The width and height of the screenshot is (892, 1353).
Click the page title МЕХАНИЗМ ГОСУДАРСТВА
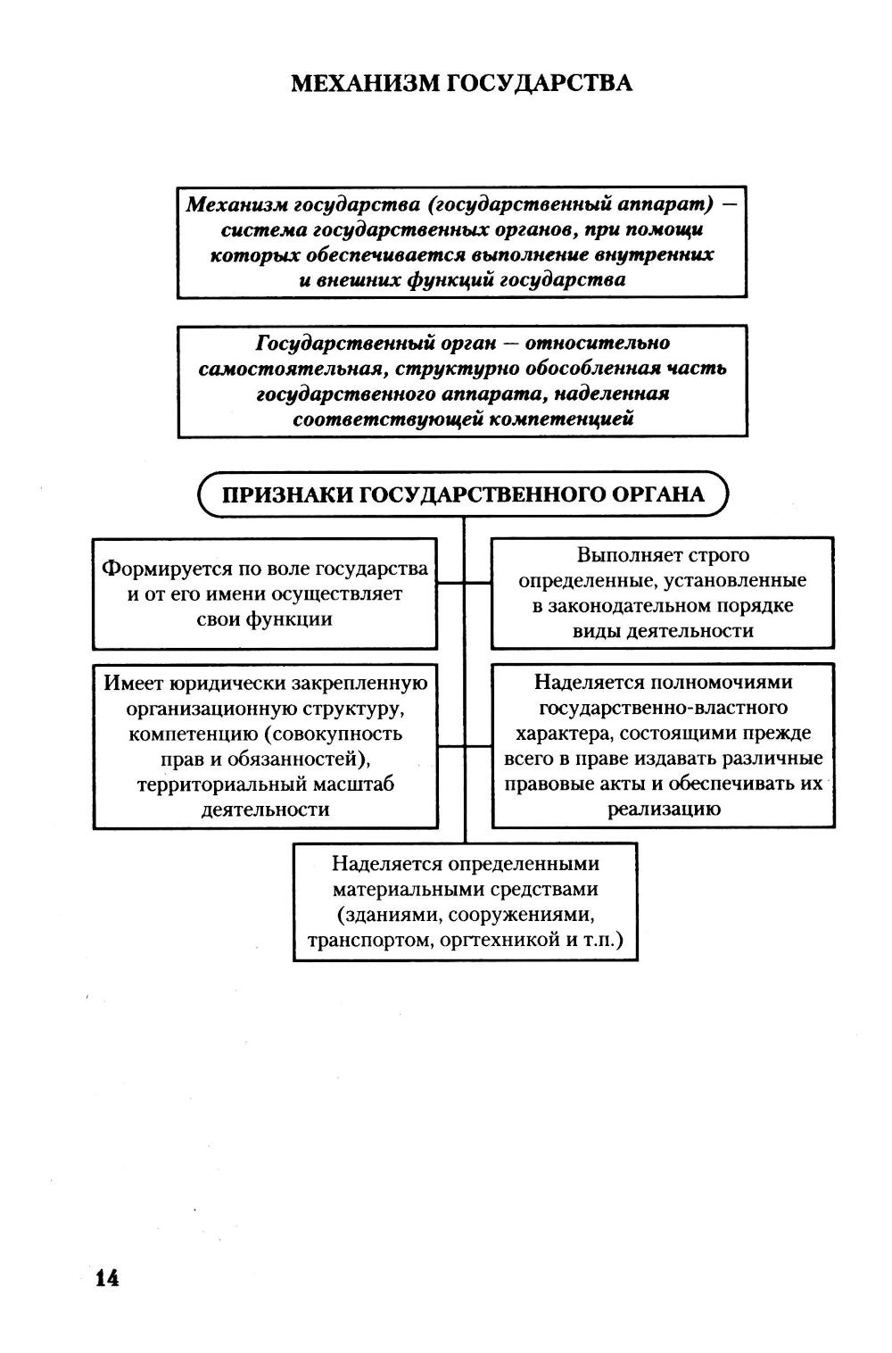[x=462, y=84]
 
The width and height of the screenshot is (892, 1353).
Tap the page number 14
[x=106, y=1278]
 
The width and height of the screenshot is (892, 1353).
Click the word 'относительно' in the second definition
[x=597, y=344]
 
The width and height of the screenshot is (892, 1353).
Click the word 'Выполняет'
[x=630, y=555]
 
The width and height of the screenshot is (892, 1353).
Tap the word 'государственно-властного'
[x=664, y=709]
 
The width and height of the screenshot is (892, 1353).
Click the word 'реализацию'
[x=664, y=809]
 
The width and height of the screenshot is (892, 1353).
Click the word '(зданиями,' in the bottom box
[x=389, y=915]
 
